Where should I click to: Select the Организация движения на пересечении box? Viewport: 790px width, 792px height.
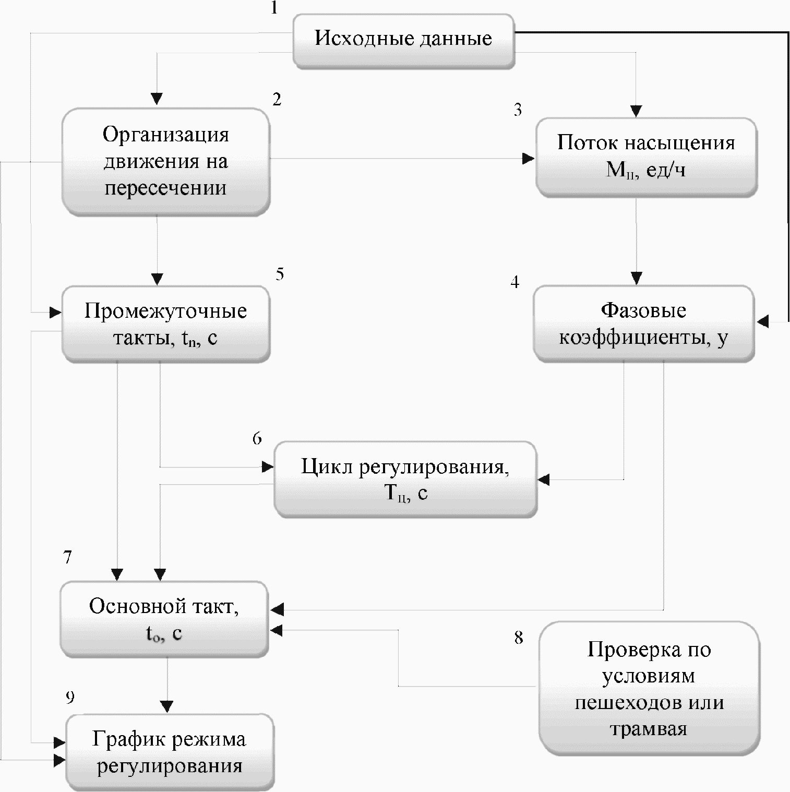tap(165, 161)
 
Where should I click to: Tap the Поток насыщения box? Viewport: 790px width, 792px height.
tap(646, 156)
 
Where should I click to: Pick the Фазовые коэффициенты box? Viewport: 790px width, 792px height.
tap(643, 323)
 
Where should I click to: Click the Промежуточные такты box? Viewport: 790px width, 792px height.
tap(165, 324)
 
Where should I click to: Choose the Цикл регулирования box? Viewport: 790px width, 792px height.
tap(405, 479)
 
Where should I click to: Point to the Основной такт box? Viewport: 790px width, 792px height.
tap(164, 619)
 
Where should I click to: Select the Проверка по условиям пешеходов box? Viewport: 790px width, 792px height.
tap(649, 688)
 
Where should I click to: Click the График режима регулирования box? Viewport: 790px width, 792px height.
tap(170, 752)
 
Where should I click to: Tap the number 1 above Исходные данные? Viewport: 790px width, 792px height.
tap(274, 8)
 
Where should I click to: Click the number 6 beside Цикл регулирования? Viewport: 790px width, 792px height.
tap(257, 438)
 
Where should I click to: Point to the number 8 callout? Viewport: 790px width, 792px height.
tap(518, 638)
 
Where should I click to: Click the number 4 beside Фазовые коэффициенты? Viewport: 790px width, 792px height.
tap(515, 282)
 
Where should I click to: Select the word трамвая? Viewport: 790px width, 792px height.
tap(648, 728)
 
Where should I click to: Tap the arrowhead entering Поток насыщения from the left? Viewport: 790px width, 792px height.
tap(529, 159)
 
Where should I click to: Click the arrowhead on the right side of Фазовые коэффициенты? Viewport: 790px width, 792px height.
tap(762, 322)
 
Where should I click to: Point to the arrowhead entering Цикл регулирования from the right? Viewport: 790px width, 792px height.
tap(544, 479)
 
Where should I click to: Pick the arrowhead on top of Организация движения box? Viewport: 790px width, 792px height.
tap(157, 99)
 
